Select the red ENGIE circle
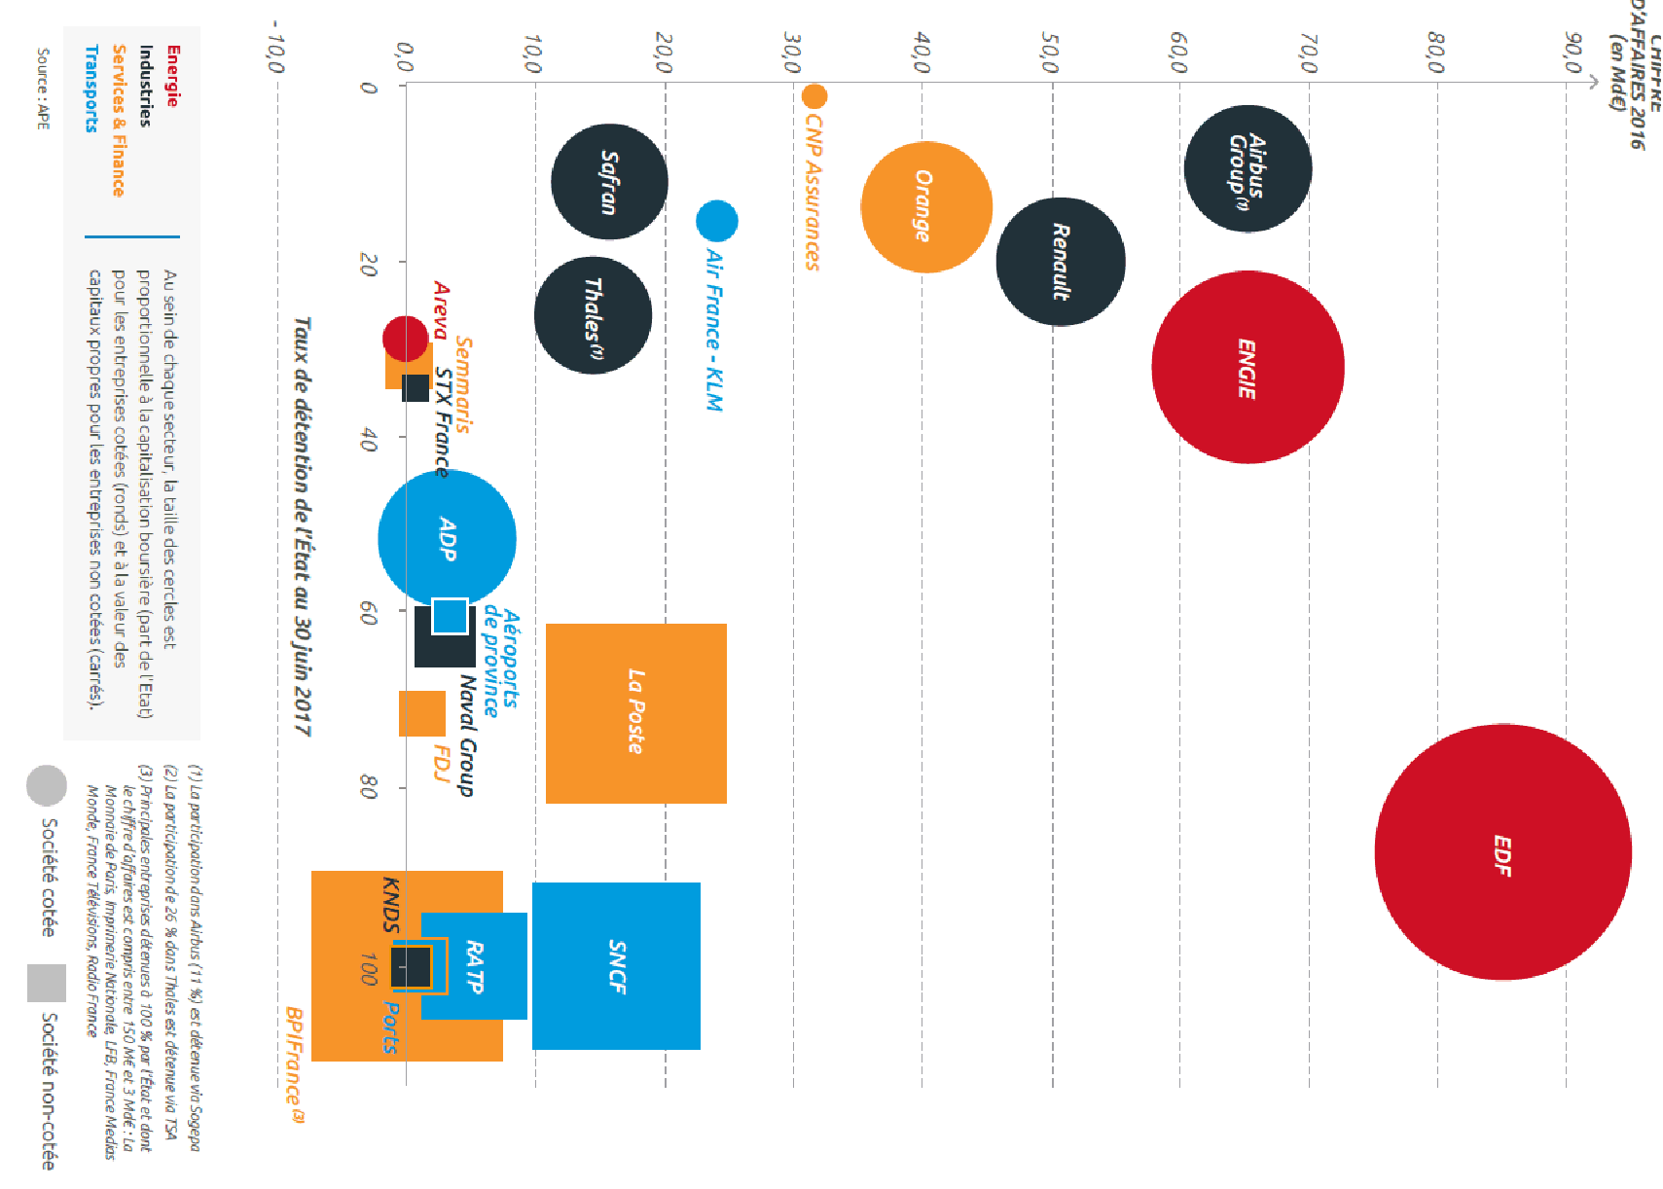[x=1247, y=367]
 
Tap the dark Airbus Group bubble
[x=1247, y=168]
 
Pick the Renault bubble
[x=1061, y=261]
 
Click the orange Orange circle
[x=925, y=206]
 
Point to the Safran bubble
[x=609, y=182]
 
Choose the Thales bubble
[x=593, y=315]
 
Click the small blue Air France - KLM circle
[x=716, y=221]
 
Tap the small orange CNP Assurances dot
[x=814, y=96]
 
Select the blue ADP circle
[x=447, y=538]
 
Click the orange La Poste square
[x=635, y=713]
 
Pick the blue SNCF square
[x=616, y=965]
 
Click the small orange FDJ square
[x=421, y=713]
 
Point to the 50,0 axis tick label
[x=1049, y=53]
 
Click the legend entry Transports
[x=91, y=88]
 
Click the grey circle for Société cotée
[x=46, y=785]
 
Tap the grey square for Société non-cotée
[x=46, y=983]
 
